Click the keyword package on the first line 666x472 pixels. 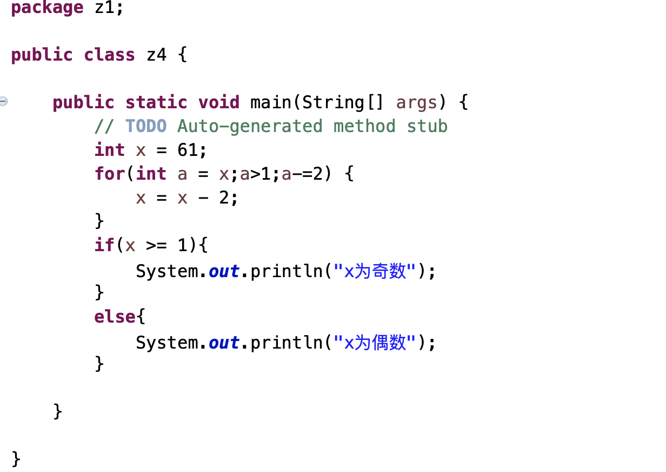(47, 8)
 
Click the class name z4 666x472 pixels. (156, 55)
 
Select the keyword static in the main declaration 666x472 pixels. (156, 102)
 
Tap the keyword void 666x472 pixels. (218, 102)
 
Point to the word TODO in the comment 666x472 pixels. (146, 126)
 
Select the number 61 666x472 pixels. (188, 150)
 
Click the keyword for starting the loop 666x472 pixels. (109, 174)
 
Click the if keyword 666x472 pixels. (104, 245)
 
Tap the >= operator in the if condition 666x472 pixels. (156, 245)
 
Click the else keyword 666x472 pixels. (115, 317)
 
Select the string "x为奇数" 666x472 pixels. (377, 271)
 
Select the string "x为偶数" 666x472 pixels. (377, 342)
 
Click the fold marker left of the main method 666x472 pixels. (4, 101)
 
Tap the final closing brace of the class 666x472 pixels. (16, 459)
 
